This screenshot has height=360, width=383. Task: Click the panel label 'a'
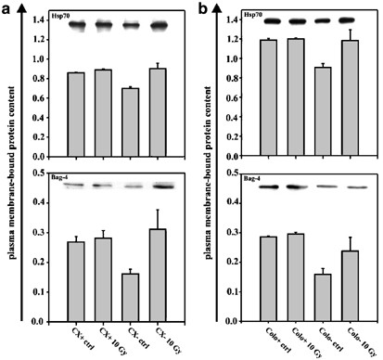click(x=7, y=7)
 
